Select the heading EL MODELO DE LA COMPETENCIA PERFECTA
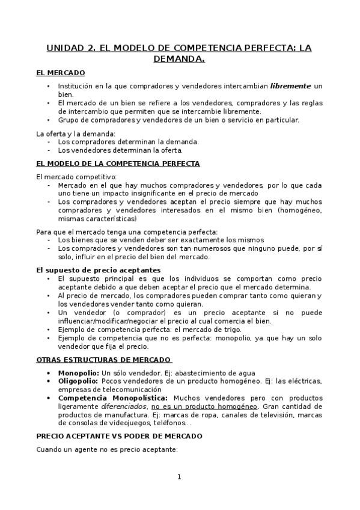(118, 163)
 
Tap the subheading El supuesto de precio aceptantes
(98, 270)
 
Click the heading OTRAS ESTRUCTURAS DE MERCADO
(104, 360)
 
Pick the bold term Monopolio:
(79, 373)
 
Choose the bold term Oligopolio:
(79, 381)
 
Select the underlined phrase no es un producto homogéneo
(204, 407)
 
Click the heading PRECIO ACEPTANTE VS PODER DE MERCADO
(119, 435)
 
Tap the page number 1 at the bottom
(179, 477)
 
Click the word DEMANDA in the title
(179, 59)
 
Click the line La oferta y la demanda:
(76, 133)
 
